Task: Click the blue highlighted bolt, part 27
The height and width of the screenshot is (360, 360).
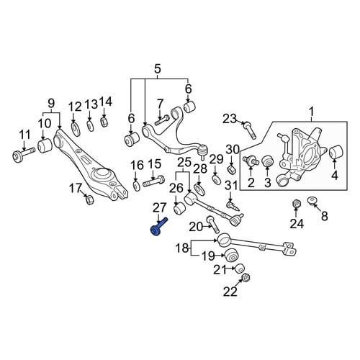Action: coord(158,228)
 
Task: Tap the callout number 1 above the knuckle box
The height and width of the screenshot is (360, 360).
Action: coord(312,113)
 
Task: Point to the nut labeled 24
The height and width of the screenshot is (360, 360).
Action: coord(296,204)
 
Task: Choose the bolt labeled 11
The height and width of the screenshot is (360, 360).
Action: coord(24,155)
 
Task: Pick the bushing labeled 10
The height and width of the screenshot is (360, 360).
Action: coord(45,145)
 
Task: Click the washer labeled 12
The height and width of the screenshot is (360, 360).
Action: coord(76,130)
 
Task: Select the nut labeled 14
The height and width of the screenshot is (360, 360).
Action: coord(104,122)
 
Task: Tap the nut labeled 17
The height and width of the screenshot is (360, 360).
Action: coord(89,199)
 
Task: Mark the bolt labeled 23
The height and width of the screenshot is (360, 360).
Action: coord(250,130)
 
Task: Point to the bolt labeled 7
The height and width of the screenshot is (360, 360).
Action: coord(163,120)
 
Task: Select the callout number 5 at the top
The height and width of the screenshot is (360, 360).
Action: coord(157,70)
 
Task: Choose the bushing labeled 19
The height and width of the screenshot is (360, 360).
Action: coord(233,256)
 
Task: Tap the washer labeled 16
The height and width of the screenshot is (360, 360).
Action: coord(136,186)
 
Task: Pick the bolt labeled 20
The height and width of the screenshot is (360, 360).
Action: coord(213,225)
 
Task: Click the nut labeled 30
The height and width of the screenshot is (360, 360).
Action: coord(232,169)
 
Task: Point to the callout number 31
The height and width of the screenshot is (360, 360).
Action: coord(231,186)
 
